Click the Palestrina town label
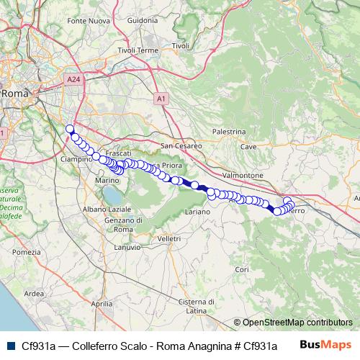(x=230, y=132)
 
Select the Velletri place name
(x=170, y=238)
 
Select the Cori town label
(x=241, y=269)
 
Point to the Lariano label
(x=197, y=212)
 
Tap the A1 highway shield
(x=161, y=96)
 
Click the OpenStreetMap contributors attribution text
(x=297, y=323)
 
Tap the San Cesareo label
(x=181, y=145)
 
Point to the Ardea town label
(x=34, y=294)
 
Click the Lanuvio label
(x=128, y=247)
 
